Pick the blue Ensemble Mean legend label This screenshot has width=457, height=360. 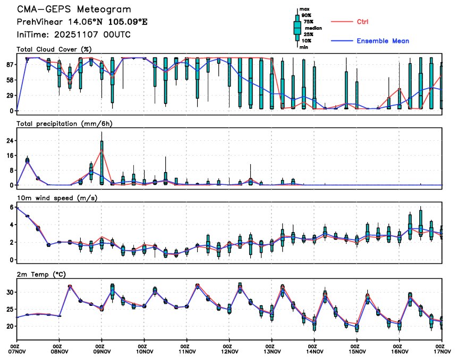383,41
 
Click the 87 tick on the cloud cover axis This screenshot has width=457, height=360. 9,64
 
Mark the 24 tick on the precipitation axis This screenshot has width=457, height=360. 9,141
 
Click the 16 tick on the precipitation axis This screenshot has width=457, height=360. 9,156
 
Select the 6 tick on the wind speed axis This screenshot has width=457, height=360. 11,207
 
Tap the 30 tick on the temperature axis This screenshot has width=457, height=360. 9,292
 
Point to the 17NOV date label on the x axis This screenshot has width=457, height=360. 442,350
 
